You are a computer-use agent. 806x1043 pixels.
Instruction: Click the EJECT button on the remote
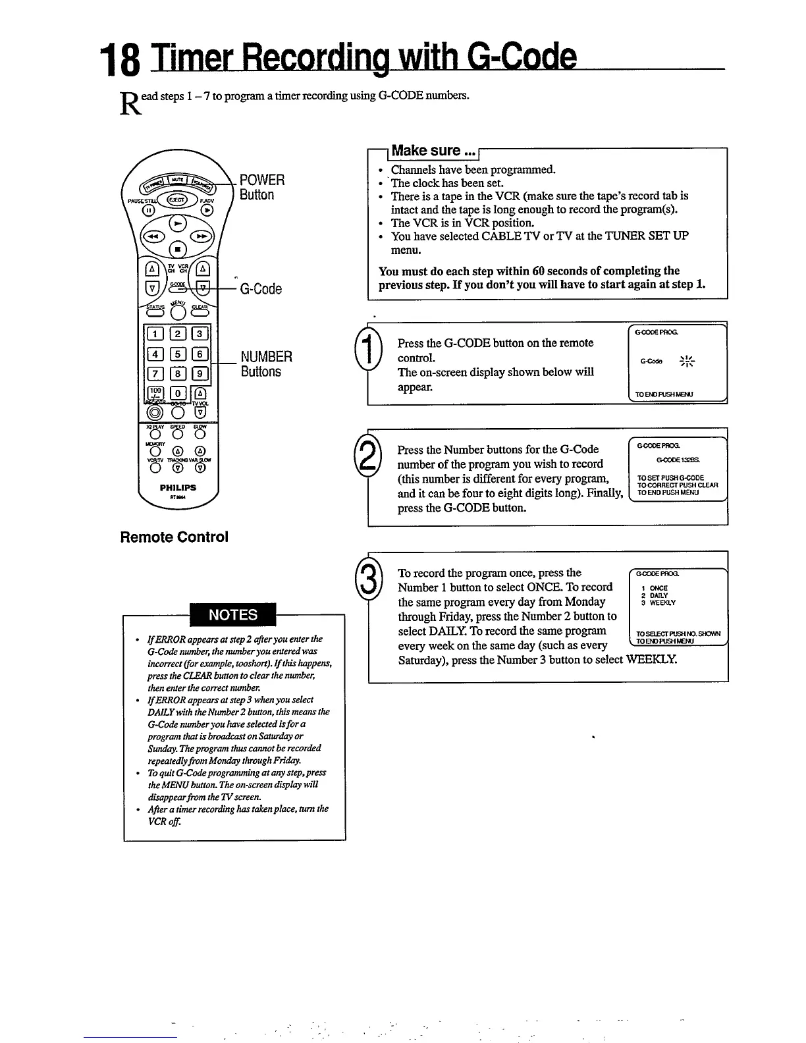176,199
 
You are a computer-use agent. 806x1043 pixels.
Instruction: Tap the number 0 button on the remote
176,393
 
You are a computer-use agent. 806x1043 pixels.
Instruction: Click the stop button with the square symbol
176,250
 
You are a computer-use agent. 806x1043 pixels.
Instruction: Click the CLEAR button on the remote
200,312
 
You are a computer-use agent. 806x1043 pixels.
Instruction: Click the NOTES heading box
233,614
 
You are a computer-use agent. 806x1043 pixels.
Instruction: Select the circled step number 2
365,454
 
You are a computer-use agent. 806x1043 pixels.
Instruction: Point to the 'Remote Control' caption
174,537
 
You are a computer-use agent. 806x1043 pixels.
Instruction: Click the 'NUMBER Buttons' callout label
265,364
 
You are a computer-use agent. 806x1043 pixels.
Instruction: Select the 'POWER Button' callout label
262,187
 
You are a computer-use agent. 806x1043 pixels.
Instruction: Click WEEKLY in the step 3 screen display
662,602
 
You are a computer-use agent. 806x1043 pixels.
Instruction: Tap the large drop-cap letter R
129,105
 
